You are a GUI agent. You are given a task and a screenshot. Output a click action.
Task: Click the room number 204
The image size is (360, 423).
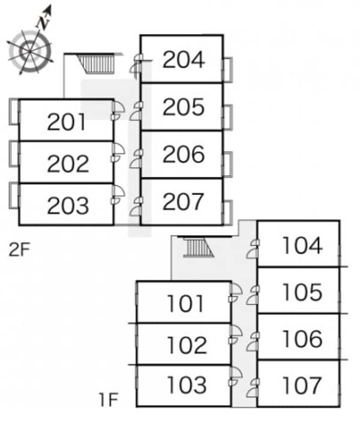click(x=184, y=59)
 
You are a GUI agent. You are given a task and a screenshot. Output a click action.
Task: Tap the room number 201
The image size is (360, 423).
click(x=67, y=122)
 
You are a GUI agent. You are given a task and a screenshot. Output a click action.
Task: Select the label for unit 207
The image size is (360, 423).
click(x=184, y=202)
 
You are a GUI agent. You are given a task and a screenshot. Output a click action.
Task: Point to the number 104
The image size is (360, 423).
click(x=302, y=245)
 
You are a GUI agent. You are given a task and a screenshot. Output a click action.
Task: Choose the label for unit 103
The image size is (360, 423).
click(x=187, y=385)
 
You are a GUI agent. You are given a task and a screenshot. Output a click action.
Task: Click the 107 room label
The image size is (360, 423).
click(x=302, y=385)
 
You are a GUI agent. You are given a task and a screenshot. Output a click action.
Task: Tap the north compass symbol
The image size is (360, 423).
click(x=29, y=48)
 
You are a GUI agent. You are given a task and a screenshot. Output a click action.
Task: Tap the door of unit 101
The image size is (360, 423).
click(x=235, y=293)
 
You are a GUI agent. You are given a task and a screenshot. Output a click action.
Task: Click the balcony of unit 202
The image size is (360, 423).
click(x=14, y=153)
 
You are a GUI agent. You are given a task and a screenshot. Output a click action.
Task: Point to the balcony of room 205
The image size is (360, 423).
click(x=227, y=117)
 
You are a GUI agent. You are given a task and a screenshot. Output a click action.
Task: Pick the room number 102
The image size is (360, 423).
click(x=187, y=345)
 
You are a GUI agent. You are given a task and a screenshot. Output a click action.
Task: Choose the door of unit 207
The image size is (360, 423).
click(x=137, y=204)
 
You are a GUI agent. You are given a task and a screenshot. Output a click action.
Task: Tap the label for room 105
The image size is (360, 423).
click(x=302, y=292)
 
